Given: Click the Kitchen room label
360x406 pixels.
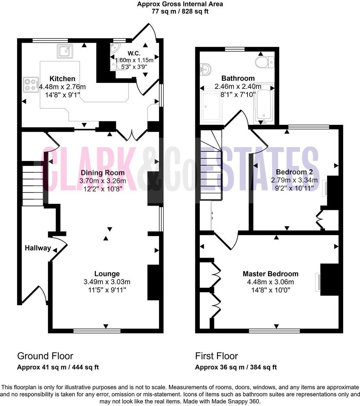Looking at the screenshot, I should click(x=63, y=79).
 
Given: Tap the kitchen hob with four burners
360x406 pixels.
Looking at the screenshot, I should click(x=31, y=85).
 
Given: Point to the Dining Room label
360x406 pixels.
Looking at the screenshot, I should click(x=103, y=173).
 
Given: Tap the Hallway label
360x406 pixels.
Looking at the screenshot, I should click(x=38, y=248).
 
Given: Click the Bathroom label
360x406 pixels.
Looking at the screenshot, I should click(x=238, y=79).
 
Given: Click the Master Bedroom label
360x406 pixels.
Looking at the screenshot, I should click(x=270, y=274).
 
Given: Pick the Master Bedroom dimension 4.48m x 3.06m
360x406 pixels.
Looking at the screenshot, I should click(x=270, y=282).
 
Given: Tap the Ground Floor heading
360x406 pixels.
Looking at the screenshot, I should click(x=45, y=356).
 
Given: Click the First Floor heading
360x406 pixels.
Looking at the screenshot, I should click(x=216, y=356).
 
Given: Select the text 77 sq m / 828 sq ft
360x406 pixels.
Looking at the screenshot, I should click(x=180, y=11).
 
